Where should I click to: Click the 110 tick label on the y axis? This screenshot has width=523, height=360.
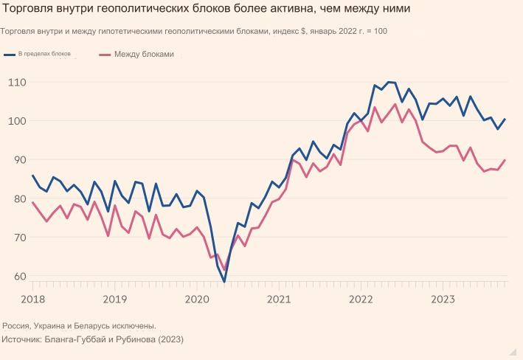pos(17,83)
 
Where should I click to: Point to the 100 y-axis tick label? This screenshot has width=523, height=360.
pos(17,121)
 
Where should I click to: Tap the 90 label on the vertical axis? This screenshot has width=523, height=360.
pos(19,160)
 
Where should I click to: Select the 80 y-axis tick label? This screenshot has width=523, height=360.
pos(19,199)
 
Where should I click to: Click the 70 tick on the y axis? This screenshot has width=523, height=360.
pos(19,238)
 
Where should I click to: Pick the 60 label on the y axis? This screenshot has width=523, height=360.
pos(19,277)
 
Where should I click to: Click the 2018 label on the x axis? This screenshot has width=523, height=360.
pos(32,299)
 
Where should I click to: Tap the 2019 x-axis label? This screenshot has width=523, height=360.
pos(114,299)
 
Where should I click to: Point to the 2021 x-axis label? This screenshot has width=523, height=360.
pos(278,299)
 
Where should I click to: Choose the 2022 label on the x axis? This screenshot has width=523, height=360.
pos(360,299)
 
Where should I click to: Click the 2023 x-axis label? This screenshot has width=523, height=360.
pos(442,299)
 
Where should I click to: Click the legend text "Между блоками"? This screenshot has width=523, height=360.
pos(144,55)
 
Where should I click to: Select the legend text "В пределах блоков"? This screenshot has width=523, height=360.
pos(46,55)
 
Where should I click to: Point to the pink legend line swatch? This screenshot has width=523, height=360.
pos(105,55)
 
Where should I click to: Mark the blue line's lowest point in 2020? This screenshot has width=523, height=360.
pos(224,281)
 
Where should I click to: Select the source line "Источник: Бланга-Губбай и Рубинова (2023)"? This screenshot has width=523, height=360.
pos(92,339)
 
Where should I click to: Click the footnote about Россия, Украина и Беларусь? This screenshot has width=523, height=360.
pos(79,325)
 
